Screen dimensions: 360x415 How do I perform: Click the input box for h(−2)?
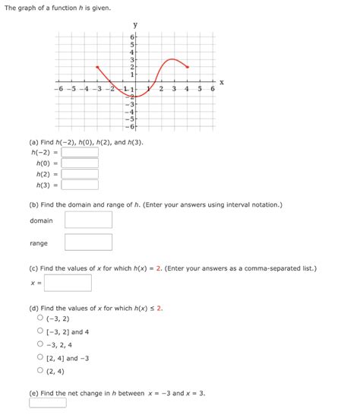pyautogui.click(x=80, y=152)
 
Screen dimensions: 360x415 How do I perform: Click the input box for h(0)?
pyautogui.click(x=80, y=163)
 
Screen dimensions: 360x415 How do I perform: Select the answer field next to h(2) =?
pyautogui.click(x=80, y=173)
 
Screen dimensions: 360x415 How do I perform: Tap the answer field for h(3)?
pyautogui.click(x=80, y=184)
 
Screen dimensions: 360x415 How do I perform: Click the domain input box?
pyautogui.click(x=88, y=220)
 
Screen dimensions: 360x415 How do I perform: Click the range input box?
pyautogui.click(x=88, y=243)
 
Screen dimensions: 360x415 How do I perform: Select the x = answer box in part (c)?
pyautogui.click(x=68, y=283)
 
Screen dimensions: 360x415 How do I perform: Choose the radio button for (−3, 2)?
pyautogui.click(x=40, y=318)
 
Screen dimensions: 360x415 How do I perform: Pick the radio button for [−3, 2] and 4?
pyautogui.click(x=40, y=331)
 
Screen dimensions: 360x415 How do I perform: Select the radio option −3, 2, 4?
pyautogui.click(x=40, y=344)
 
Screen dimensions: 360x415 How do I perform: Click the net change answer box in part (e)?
pyautogui.click(x=48, y=403)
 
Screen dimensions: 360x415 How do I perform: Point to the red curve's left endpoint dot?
pyautogui.click(x=97, y=67)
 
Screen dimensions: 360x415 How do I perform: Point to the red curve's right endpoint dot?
pyautogui.click(x=188, y=67)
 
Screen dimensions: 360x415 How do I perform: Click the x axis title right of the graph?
pyautogui.click(x=222, y=81)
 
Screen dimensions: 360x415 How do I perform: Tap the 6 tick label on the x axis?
pyautogui.click(x=213, y=90)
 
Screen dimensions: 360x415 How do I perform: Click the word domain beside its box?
pyautogui.click(x=41, y=220)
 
